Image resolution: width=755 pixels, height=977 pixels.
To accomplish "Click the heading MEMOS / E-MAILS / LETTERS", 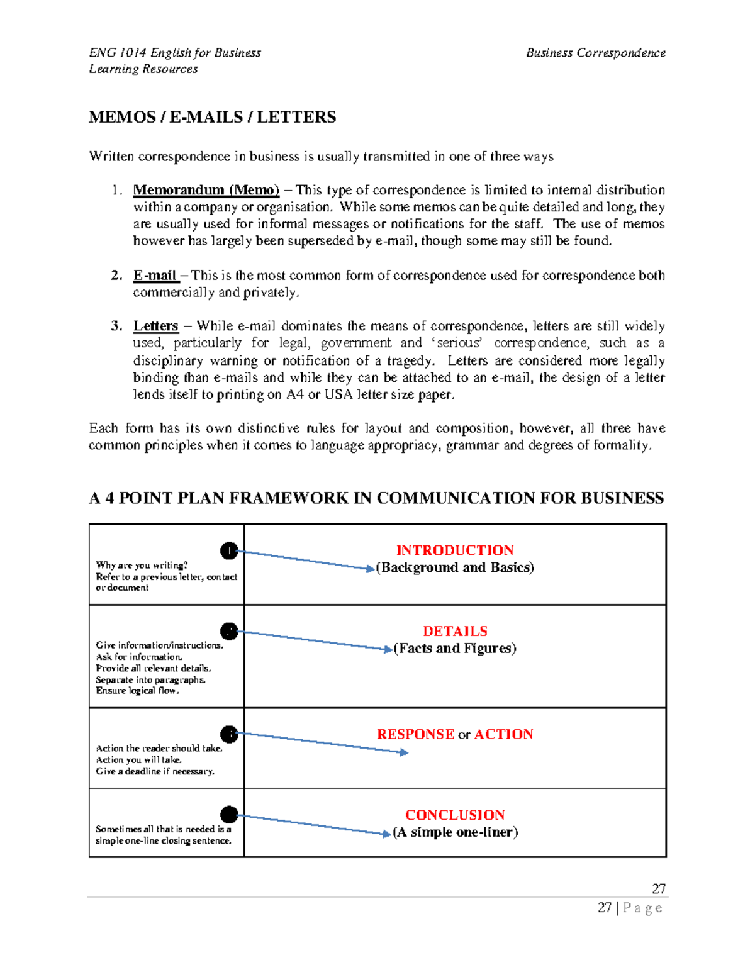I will [212, 117].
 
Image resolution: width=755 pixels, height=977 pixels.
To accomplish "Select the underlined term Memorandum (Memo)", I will [206, 190].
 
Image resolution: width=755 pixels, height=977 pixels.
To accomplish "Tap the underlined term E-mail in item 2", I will [155, 276].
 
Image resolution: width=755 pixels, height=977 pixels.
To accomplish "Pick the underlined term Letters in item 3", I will [155, 326].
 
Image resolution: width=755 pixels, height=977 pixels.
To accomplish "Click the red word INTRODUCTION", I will [454, 550].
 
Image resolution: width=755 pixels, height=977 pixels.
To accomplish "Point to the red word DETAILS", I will [455, 631].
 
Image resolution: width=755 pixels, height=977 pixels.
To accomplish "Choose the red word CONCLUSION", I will [455, 815].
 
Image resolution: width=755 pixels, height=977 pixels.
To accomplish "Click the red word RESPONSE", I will [415, 734].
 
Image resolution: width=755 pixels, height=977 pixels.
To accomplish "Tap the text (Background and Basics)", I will [455, 567].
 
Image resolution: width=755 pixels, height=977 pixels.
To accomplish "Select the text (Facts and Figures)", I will [455, 649].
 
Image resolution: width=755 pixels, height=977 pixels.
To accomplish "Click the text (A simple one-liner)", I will [455, 832].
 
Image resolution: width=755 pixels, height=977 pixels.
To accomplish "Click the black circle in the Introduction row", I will [229, 551].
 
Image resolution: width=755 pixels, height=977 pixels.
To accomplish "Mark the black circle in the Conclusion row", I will [229, 815].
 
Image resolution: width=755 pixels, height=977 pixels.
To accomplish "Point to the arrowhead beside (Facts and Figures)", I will [388, 649].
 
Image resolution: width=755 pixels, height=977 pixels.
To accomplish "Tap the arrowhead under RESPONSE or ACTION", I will [404, 752].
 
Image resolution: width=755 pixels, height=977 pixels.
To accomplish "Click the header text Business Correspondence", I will [595, 53].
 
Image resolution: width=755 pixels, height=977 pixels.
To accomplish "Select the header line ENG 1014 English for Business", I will [175, 53].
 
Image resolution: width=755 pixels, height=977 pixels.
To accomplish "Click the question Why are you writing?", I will [142, 566].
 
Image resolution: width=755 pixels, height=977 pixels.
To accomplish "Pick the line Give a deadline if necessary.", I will [155, 771].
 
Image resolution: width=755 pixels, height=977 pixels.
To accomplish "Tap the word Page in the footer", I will [642, 908].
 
